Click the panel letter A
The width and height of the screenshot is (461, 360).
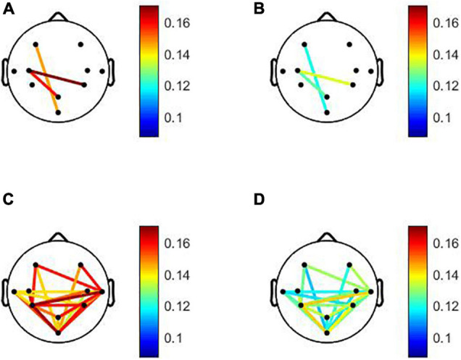[x=7, y=8]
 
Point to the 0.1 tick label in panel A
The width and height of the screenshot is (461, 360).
[x=170, y=117]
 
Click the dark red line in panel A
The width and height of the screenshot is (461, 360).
[x=58, y=78]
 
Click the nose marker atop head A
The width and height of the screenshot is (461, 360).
[x=58, y=16]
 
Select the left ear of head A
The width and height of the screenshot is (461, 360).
[x=6, y=70]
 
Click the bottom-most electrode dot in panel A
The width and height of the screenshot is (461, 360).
[x=58, y=112]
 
